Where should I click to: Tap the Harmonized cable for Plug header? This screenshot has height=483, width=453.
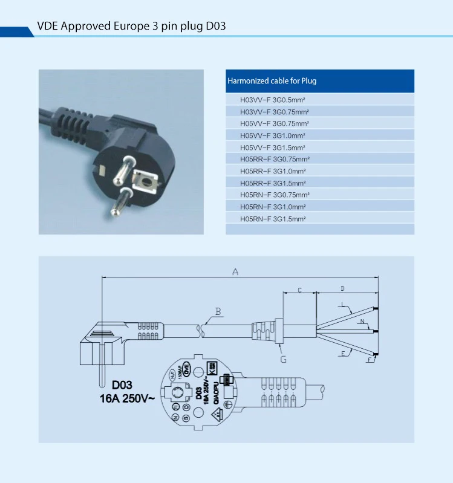coord(272,81)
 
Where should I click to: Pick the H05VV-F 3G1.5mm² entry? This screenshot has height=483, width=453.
coord(273,147)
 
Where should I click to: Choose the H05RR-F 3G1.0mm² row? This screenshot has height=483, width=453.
coord(273,171)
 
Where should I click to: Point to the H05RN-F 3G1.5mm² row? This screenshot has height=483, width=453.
coord(273,218)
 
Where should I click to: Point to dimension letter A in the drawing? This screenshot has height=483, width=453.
coord(235,272)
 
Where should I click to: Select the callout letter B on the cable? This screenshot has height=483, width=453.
coord(218,312)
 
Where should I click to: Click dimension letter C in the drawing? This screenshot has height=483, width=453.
coord(299,291)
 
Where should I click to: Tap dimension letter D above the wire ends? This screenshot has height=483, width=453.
coord(342,288)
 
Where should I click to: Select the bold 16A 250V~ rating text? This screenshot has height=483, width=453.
coord(126,398)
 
